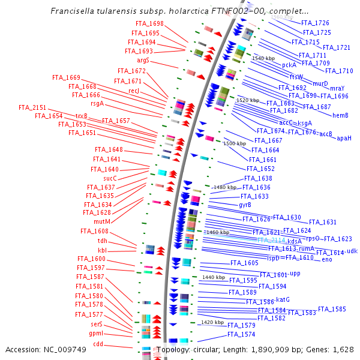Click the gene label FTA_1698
149,23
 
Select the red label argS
143,61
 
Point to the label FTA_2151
32,107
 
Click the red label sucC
110,178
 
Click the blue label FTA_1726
316,23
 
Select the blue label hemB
340,115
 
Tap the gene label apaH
344,138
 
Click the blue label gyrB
245,205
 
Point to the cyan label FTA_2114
271,240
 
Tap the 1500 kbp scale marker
235,143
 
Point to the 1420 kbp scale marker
212,322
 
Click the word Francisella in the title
71,11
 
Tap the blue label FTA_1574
241,334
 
